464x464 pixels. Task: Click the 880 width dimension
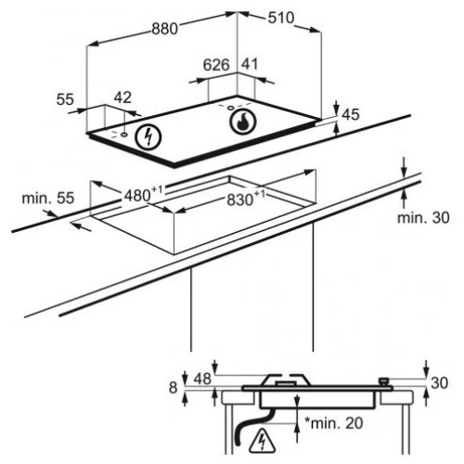[165, 29]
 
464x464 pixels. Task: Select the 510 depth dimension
[281, 18]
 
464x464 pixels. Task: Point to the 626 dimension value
[216, 65]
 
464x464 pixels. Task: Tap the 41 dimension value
[250, 64]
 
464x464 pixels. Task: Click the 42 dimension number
[122, 97]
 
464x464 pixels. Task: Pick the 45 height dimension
[351, 115]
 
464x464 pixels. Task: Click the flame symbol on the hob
[243, 121]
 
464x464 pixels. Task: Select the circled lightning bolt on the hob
[148, 137]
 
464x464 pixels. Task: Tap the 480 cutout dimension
[143, 194]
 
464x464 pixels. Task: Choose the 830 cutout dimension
[246, 199]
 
